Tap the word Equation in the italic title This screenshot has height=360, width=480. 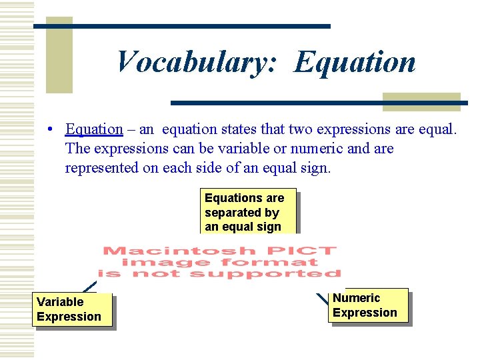pos(355,62)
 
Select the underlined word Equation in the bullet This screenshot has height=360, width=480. pos(94,129)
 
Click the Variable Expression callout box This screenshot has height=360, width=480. pos(71,310)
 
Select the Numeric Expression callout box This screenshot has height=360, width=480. pos(367,305)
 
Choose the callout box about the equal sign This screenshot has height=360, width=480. pos(247,212)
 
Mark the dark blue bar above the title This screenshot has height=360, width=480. pos(182,26)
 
